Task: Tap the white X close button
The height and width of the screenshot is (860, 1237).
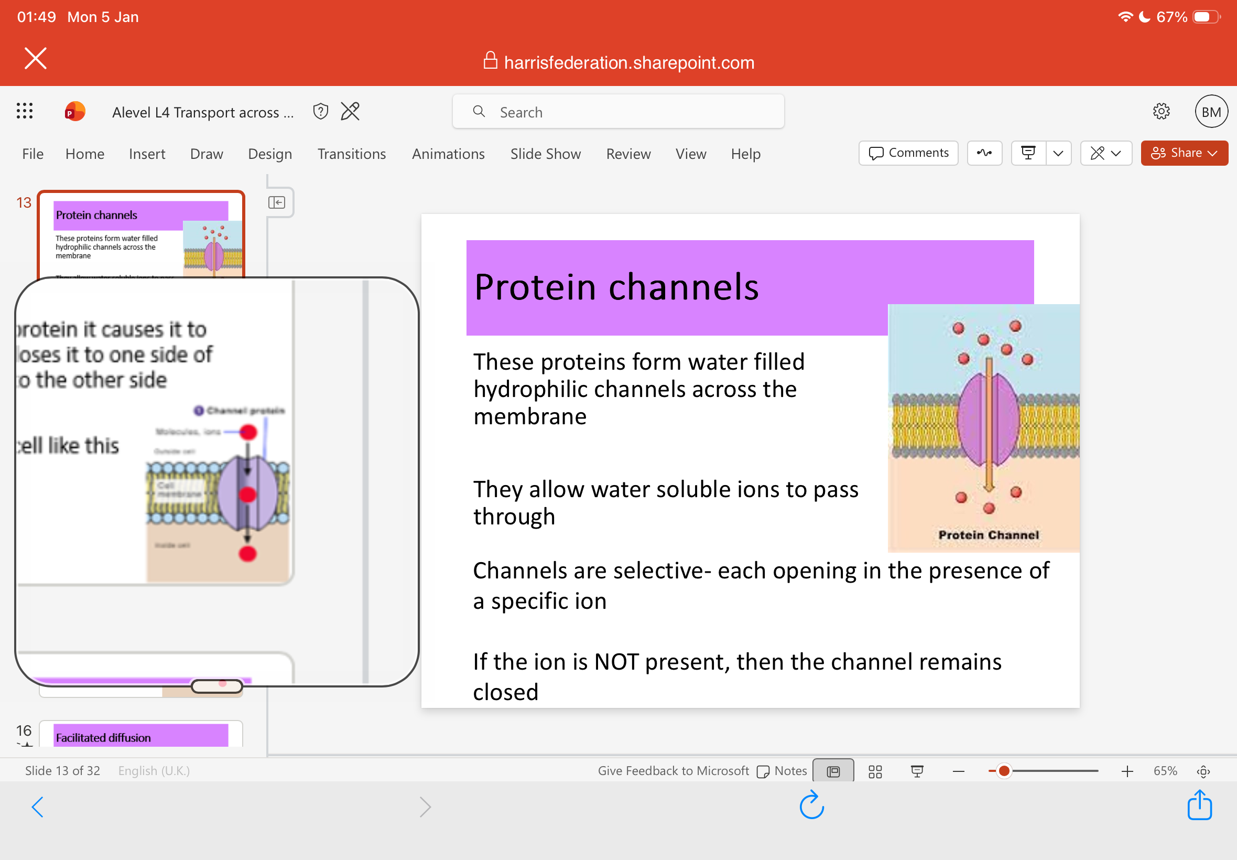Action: pyautogui.click(x=36, y=58)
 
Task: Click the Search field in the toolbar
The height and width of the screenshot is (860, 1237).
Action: pyautogui.click(x=617, y=112)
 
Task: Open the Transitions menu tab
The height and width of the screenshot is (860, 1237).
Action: pyautogui.click(x=351, y=154)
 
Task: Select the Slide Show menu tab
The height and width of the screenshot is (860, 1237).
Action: pyautogui.click(x=545, y=154)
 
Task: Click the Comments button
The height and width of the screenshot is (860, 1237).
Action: pyautogui.click(x=908, y=153)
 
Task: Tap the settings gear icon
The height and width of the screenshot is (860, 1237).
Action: pyautogui.click(x=1161, y=112)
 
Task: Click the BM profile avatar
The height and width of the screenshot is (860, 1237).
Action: pyautogui.click(x=1211, y=112)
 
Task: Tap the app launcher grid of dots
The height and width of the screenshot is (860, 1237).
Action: pyautogui.click(x=24, y=111)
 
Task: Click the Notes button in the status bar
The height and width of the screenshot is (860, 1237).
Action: pyautogui.click(x=782, y=770)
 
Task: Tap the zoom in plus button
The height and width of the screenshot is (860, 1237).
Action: pyautogui.click(x=1126, y=771)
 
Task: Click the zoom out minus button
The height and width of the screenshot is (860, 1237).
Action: pyautogui.click(x=958, y=771)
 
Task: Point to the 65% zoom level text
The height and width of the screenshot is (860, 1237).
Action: pyautogui.click(x=1165, y=771)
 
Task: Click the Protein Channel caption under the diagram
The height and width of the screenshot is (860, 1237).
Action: pyautogui.click(x=988, y=534)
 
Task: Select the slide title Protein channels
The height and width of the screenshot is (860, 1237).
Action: pyautogui.click(x=616, y=286)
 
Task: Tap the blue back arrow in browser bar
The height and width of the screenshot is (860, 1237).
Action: pyautogui.click(x=37, y=807)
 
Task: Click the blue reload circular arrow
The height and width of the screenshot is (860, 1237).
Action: pyautogui.click(x=811, y=805)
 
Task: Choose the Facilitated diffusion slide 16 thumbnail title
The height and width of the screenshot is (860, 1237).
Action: pyautogui.click(x=103, y=737)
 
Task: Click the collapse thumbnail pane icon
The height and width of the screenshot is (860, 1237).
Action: pyautogui.click(x=277, y=202)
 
